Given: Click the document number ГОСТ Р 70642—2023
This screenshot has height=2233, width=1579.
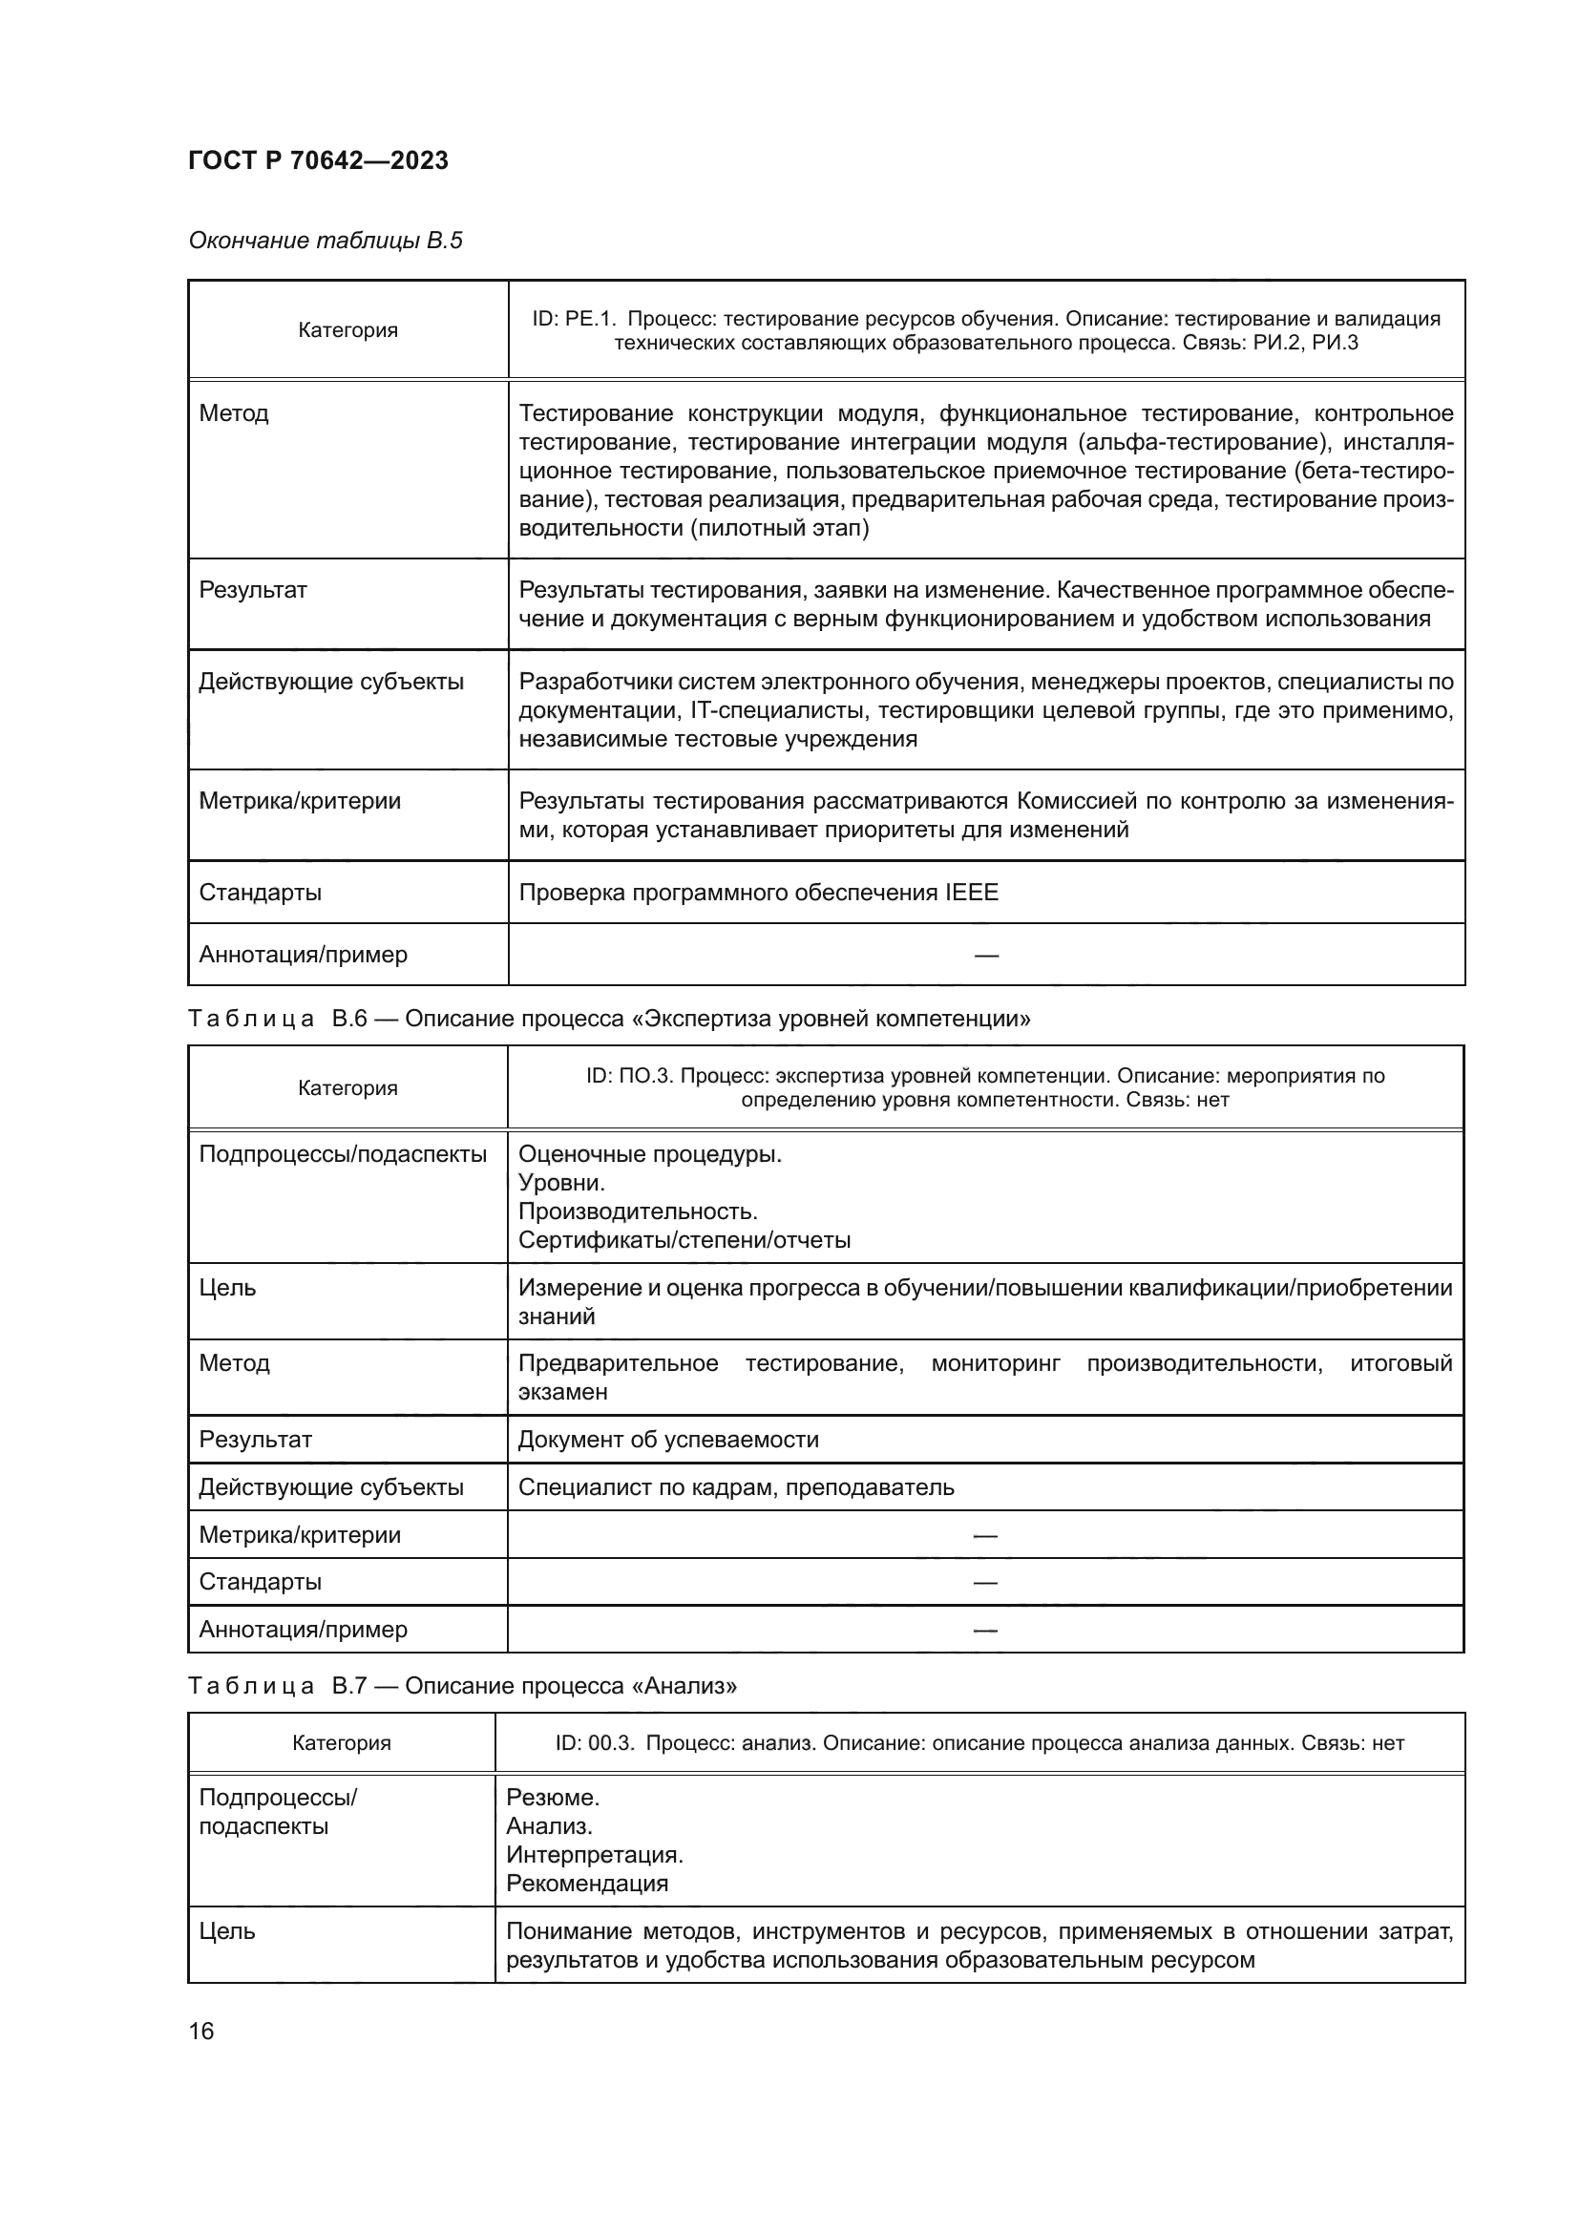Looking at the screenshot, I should point(318,160).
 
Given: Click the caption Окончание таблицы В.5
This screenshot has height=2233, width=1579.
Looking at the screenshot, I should point(325,241).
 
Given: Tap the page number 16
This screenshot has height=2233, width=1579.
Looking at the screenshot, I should point(201,2031).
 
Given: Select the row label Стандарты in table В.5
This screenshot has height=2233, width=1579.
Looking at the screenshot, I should point(260,892).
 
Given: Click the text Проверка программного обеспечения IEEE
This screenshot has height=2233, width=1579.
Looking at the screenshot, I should point(757,892).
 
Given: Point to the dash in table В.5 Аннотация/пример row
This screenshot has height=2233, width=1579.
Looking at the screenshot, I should point(986,955).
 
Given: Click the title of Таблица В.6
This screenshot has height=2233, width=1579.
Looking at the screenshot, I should point(609,1019).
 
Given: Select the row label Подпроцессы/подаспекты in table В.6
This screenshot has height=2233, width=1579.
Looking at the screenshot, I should point(343,1153).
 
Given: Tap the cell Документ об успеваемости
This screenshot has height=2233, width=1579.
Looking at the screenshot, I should point(668,1440).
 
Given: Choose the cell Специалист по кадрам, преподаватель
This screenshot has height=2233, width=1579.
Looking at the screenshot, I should point(736,1487).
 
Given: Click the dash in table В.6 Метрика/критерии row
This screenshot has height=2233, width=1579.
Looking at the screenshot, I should point(985,1536).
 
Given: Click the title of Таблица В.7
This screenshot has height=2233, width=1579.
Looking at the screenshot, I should point(462,1685).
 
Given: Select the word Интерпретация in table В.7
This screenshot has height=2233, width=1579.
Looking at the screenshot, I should point(594,1854).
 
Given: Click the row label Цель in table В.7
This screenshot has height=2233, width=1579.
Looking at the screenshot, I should point(226,1931).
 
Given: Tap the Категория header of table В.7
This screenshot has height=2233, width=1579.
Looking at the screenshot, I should point(341,1743).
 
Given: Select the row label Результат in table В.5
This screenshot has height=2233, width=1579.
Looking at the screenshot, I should point(253,589).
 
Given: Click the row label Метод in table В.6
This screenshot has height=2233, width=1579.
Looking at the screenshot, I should point(233,1362).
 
